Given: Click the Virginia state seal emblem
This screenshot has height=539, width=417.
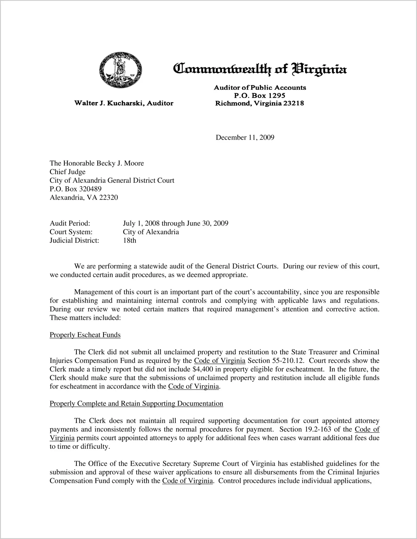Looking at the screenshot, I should (120, 70).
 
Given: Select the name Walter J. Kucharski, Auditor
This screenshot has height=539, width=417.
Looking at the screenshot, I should (124, 103).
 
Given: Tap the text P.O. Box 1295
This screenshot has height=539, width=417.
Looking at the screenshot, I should (260, 95).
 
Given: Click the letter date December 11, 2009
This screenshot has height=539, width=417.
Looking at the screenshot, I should (245, 137).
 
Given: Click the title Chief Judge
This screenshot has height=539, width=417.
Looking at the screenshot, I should (68, 172).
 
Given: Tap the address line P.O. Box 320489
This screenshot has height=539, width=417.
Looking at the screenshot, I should (76, 189).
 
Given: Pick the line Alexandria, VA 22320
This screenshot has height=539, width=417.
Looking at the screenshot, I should (84, 198).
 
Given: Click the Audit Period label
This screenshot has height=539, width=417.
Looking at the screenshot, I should (70, 223).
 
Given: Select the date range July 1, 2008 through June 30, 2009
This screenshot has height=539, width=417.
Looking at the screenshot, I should (176, 223).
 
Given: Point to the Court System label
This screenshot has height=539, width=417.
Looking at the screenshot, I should (71, 232).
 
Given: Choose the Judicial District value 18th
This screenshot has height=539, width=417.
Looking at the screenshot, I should (130, 240).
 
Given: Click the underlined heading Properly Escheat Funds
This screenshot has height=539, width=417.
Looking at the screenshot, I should (85, 335).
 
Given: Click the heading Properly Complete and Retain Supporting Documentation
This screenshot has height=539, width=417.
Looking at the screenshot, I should (136, 404).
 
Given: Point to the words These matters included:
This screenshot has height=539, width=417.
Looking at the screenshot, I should (85, 318).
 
